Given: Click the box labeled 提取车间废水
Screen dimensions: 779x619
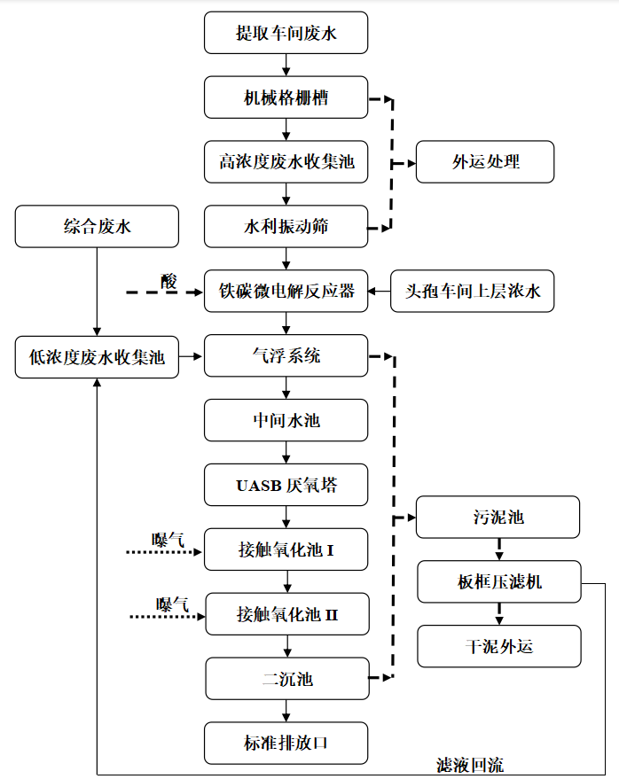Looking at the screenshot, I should pos(286,33).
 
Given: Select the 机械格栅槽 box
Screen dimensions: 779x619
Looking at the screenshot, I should pos(286,97).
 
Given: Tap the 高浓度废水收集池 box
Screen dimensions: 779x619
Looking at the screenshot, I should pos(286,162).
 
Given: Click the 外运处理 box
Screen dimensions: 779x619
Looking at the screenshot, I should pos(485,162).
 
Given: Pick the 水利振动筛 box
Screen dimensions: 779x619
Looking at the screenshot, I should pos(286,227).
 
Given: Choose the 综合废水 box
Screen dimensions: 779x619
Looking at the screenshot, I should pos(97,227).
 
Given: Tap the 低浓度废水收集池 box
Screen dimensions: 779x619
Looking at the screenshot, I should pos(97,356).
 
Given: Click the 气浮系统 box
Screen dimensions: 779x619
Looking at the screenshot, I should pos(286,356).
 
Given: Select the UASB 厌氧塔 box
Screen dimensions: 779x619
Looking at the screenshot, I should pos(286,486).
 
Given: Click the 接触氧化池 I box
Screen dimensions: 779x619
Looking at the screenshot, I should pos(286,550).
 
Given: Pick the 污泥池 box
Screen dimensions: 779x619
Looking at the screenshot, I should pos(498,517).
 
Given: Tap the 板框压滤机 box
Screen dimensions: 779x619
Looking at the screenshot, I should pos(498,581).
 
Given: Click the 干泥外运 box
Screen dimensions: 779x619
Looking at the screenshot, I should pos(498,646).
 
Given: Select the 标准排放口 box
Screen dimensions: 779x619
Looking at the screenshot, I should pos(286,743).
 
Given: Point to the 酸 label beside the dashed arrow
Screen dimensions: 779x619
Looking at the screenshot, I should pos(168,281).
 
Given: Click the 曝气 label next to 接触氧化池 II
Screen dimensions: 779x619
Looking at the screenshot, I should pos(173,604).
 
